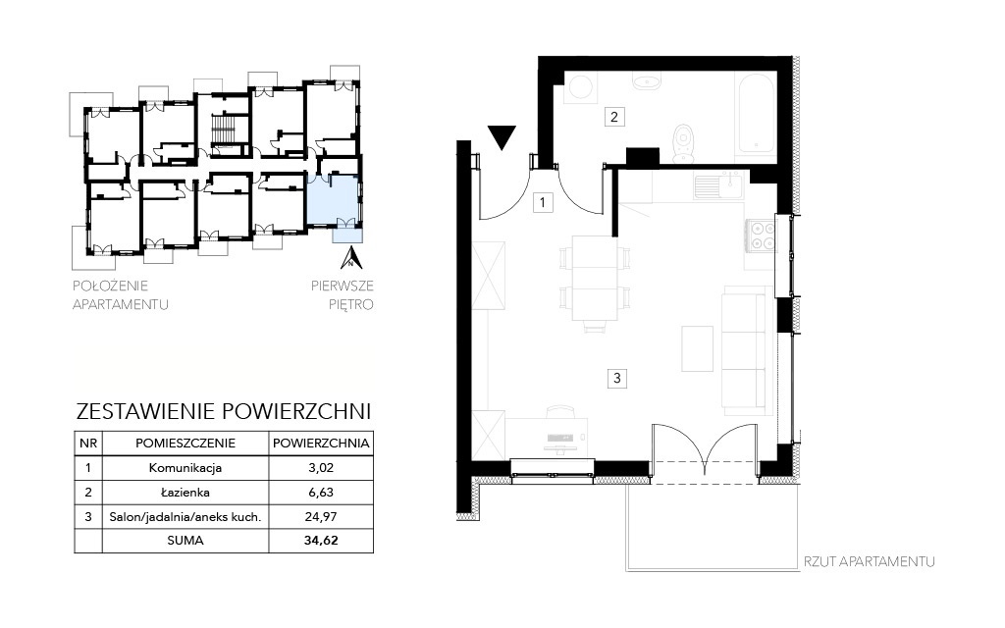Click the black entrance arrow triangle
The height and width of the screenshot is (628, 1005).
point(502,136)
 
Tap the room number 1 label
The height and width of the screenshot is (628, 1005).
point(543,203)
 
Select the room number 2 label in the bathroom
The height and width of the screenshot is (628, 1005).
point(614,117)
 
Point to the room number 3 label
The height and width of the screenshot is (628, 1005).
point(616,378)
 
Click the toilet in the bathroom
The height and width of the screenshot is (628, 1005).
point(684,143)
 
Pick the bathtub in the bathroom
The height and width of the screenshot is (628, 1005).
point(757,114)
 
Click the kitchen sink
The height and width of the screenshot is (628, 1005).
point(717,185)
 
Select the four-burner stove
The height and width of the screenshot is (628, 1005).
point(761,235)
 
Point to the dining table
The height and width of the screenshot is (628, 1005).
point(594,278)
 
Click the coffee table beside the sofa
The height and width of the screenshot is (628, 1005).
point(698,348)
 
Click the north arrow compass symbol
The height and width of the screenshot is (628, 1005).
point(351,257)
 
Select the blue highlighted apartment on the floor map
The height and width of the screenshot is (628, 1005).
point(334,200)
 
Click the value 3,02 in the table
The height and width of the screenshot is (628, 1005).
point(321,468)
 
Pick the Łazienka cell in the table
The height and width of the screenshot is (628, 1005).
point(185,493)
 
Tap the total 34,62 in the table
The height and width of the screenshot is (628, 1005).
point(321,541)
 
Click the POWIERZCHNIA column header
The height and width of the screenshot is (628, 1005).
point(321,443)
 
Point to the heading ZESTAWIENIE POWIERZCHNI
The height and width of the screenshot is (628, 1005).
point(224,411)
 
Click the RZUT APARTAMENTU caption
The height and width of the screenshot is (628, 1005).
point(870,562)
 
